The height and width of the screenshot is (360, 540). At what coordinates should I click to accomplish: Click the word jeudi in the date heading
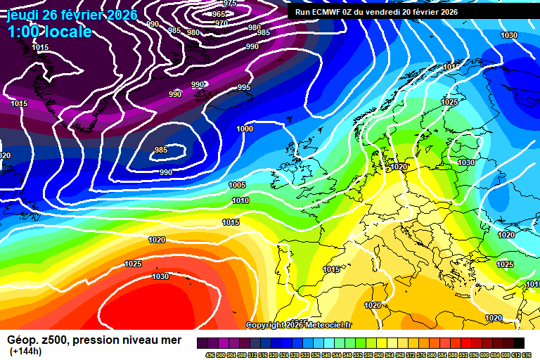pyautogui.click(x=24, y=15)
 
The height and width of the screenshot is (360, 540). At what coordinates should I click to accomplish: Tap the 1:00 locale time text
pyautogui.click(x=49, y=32)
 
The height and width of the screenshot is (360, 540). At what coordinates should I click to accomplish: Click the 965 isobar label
pyautogui.click(x=219, y=14)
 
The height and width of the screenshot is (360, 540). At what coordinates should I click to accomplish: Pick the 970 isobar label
pyautogui.click(x=221, y=23)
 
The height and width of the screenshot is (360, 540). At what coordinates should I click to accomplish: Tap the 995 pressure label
pyautogui.click(x=243, y=87)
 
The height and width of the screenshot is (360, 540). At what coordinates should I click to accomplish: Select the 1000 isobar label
pyautogui.click(x=245, y=129)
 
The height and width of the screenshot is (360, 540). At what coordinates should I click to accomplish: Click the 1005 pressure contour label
pyautogui.click(x=237, y=185)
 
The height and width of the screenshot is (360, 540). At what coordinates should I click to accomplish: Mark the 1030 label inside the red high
pyautogui.click(x=160, y=276)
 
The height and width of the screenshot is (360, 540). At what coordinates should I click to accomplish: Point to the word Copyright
pyautogui.click(x=265, y=325)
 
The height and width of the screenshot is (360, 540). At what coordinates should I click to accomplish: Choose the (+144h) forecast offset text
pyautogui.click(x=25, y=351)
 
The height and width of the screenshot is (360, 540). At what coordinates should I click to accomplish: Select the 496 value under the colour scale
pyautogui.click(x=210, y=355)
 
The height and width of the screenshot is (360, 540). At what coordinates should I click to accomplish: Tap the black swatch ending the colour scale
pyautogui.click(x=518, y=343)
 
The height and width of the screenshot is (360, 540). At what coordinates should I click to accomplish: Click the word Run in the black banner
pyautogui.click(x=302, y=12)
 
